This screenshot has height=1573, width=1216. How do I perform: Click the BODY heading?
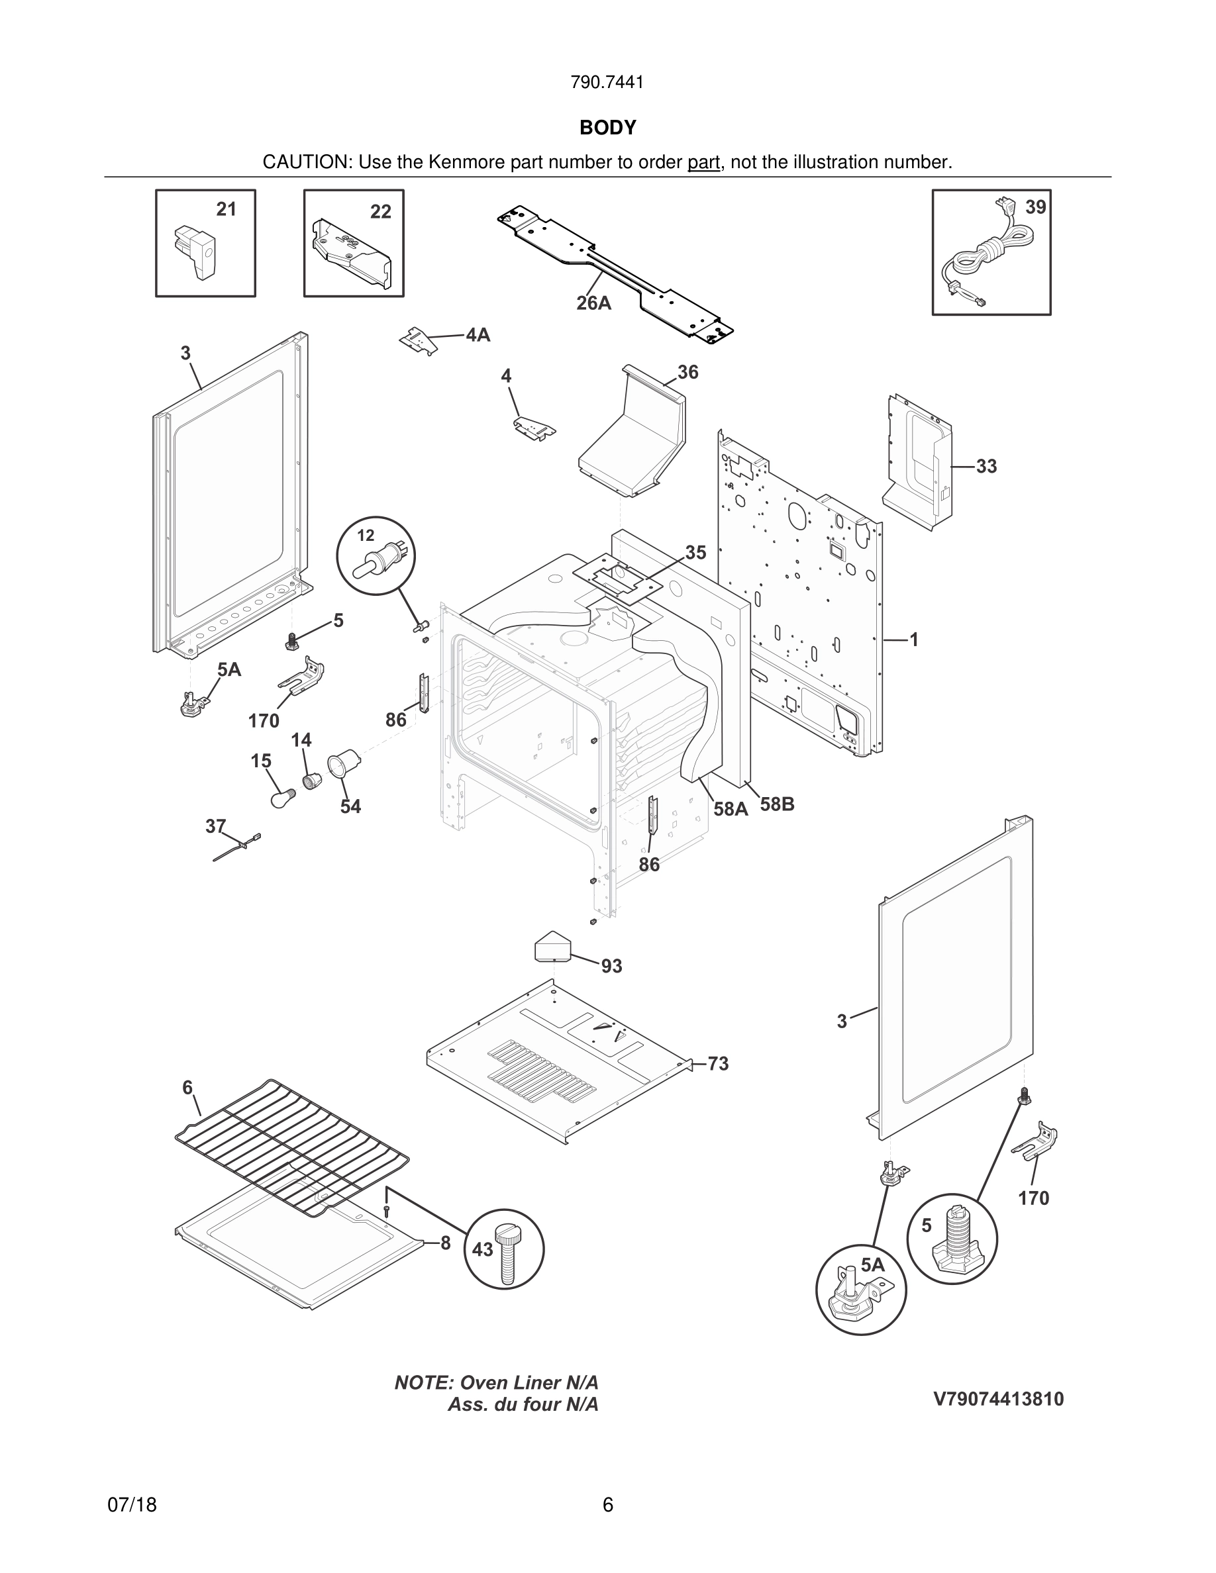(x=607, y=128)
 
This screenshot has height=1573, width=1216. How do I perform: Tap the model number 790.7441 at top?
(x=607, y=83)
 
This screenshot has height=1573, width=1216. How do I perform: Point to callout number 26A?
(x=593, y=303)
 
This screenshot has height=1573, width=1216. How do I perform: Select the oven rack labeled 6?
(x=292, y=1145)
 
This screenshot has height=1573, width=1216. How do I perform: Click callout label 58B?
(x=777, y=804)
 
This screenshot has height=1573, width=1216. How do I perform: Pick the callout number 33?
(x=986, y=466)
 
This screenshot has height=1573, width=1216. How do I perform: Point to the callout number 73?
(x=717, y=1064)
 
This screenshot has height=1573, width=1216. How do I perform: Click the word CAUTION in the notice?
(x=306, y=162)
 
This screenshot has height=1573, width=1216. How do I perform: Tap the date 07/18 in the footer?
(x=132, y=1505)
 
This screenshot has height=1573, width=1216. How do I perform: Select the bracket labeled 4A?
(x=419, y=340)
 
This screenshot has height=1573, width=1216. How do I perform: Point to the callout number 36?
(x=687, y=372)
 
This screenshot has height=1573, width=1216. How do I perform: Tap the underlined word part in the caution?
(x=703, y=162)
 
